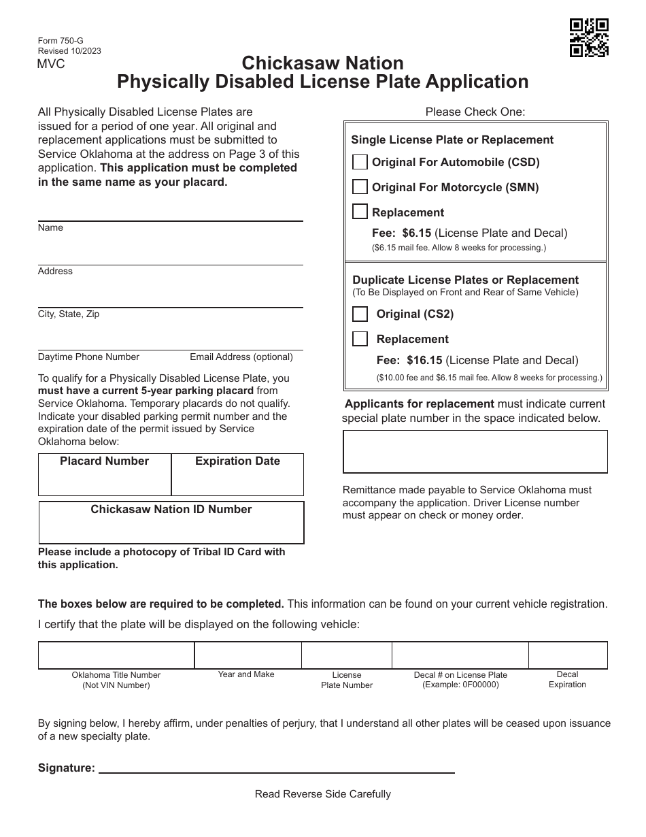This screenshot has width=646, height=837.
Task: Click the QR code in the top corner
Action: (x=588, y=37)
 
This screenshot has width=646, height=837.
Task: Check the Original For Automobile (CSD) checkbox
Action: (x=360, y=162)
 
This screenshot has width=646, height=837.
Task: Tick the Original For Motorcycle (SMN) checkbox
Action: (x=360, y=187)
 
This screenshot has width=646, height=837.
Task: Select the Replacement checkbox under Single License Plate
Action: (x=360, y=212)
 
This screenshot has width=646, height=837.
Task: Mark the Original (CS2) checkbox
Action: (x=360, y=314)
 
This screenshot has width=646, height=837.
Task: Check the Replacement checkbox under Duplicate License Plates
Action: (x=360, y=339)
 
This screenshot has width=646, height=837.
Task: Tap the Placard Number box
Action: (x=105, y=480)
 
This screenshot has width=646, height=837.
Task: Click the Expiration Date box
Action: (x=237, y=480)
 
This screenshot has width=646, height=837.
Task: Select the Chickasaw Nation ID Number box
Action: (x=171, y=528)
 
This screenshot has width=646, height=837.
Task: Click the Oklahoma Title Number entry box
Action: (x=116, y=655)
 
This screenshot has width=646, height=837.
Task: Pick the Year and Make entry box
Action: (x=248, y=655)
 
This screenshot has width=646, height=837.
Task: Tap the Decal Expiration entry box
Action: (x=567, y=655)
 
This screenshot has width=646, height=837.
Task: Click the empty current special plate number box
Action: (x=475, y=451)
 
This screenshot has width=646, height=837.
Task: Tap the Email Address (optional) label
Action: (x=241, y=357)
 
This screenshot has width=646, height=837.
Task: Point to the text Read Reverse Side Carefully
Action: (x=323, y=794)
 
